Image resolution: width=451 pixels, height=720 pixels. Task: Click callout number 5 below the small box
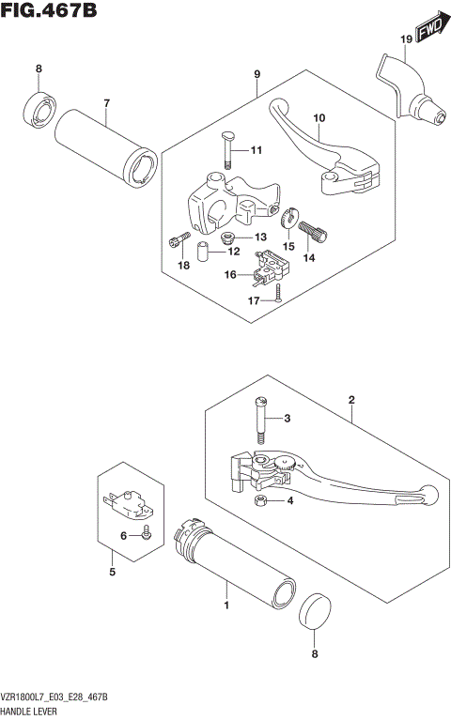coord(112,572)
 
